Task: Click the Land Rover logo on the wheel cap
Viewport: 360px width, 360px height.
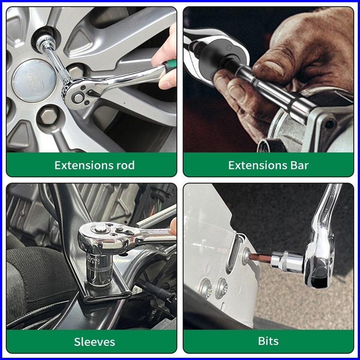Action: (34, 80)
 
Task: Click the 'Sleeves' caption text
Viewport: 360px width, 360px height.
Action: (94, 342)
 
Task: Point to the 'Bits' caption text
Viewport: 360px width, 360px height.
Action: (268, 341)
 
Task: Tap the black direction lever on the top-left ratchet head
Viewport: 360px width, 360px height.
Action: (93, 93)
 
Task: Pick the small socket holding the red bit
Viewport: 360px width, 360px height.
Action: (288, 262)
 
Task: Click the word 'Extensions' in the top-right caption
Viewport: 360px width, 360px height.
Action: (257, 165)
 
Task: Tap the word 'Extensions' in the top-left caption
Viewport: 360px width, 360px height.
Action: (84, 165)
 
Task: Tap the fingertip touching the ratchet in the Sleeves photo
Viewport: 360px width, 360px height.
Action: (174, 226)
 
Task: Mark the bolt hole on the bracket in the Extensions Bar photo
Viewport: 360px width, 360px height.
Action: (329, 124)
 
